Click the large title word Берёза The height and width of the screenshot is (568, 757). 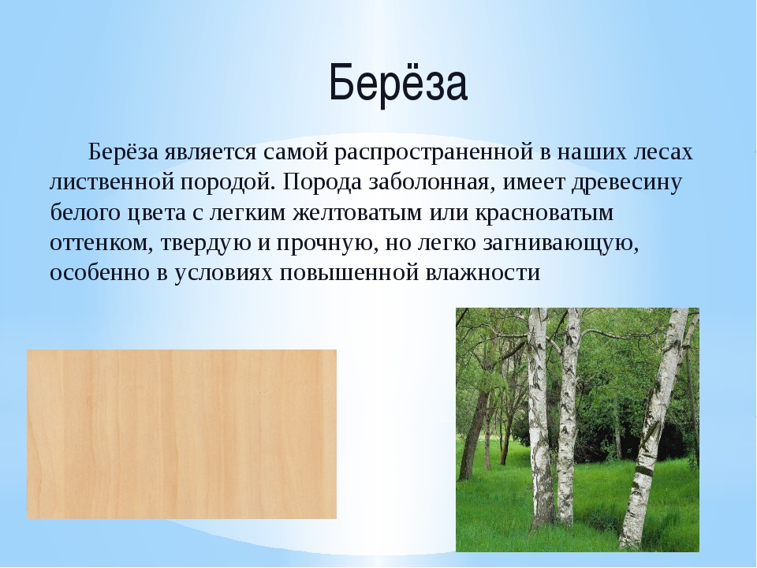[x=398, y=82]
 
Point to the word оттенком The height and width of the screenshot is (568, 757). [x=102, y=243]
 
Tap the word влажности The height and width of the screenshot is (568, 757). [x=483, y=273]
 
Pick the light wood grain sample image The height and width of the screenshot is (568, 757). [x=181, y=434]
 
